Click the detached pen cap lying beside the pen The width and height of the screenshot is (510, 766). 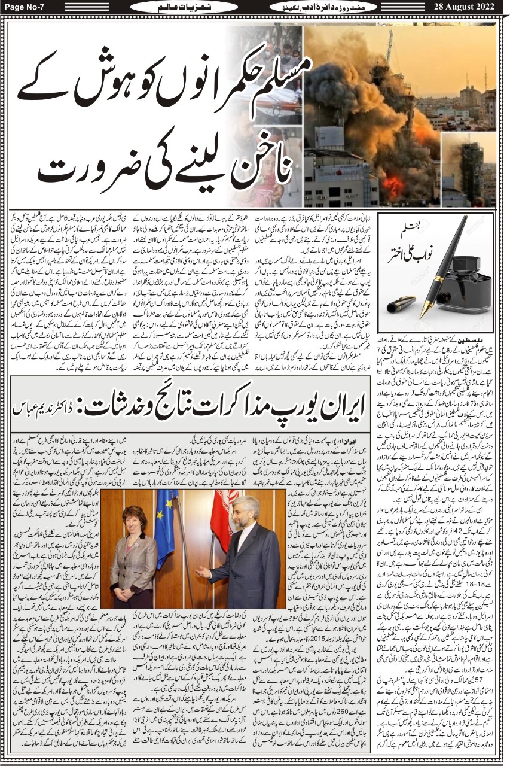point(401,305)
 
